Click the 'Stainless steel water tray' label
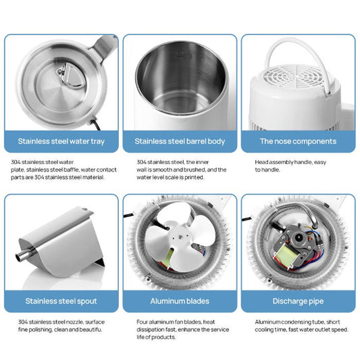pos(61,142)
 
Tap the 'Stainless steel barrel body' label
pos(180,142)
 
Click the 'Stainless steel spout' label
pos(61,301)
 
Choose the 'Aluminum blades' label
pos(180,301)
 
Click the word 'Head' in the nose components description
pos(261,162)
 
